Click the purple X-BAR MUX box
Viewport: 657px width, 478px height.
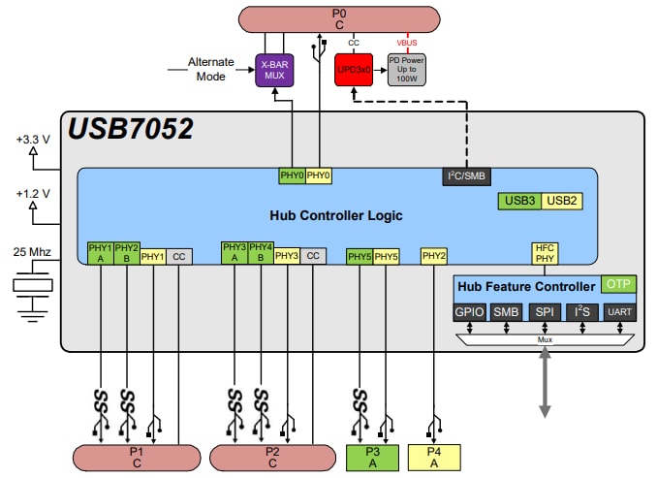275,69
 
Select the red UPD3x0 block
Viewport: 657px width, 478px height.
354,70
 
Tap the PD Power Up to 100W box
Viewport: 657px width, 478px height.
407,70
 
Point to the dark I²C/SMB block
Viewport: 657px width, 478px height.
465,175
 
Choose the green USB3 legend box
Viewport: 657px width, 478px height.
519,201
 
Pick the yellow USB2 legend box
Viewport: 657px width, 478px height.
561,201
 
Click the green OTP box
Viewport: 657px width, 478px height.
618,285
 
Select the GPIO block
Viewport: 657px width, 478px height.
469,312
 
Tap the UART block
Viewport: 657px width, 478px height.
619,312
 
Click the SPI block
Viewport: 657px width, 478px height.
544,312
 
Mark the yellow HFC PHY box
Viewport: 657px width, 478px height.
544,253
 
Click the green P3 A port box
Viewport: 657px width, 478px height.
372,457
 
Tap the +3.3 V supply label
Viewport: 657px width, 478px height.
33,138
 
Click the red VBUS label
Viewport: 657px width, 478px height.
407,43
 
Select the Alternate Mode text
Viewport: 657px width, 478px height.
211,69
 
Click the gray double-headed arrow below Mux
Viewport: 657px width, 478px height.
544,385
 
